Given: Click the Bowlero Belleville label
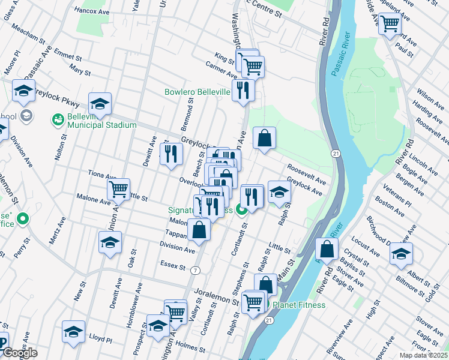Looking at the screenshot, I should point(197,92).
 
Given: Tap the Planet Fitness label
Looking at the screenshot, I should point(299,305).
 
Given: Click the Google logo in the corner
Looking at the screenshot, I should point(19,353).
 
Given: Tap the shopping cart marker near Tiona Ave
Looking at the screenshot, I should point(119,189).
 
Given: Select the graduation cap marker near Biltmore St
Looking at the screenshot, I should point(400,253).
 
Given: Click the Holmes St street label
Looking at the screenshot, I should point(191,347).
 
